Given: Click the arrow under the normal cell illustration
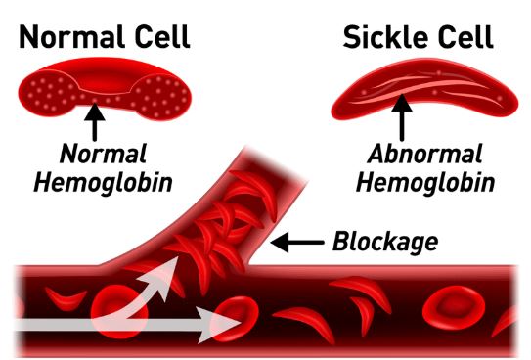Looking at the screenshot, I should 95,121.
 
